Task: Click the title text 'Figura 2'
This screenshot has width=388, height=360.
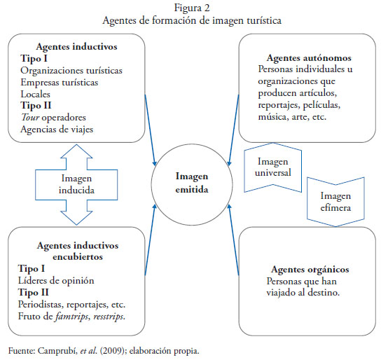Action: click(x=192, y=8)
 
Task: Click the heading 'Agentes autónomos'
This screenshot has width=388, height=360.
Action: click(x=309, y=58)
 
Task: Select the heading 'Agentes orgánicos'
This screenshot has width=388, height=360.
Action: click(x=310, y=270)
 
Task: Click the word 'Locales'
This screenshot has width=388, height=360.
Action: click(x=36, y=95)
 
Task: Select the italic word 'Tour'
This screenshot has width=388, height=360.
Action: click(x=30, y=117)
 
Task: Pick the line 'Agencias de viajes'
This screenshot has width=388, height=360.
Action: click(x=57, y=130)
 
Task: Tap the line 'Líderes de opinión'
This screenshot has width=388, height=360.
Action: click(x=56, y=281)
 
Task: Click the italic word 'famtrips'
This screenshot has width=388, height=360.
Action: click(x=72, y=317)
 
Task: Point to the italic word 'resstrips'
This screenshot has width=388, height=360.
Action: click(x=109, y=317)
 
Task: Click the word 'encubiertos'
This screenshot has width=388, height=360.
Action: click(x=78, y=257)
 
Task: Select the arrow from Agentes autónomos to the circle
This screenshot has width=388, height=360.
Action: click(x=234, y=130)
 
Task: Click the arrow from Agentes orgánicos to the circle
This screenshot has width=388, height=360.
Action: click(x=233, y=240)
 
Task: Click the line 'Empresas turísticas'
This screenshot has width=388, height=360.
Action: click(x=60, y=83)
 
